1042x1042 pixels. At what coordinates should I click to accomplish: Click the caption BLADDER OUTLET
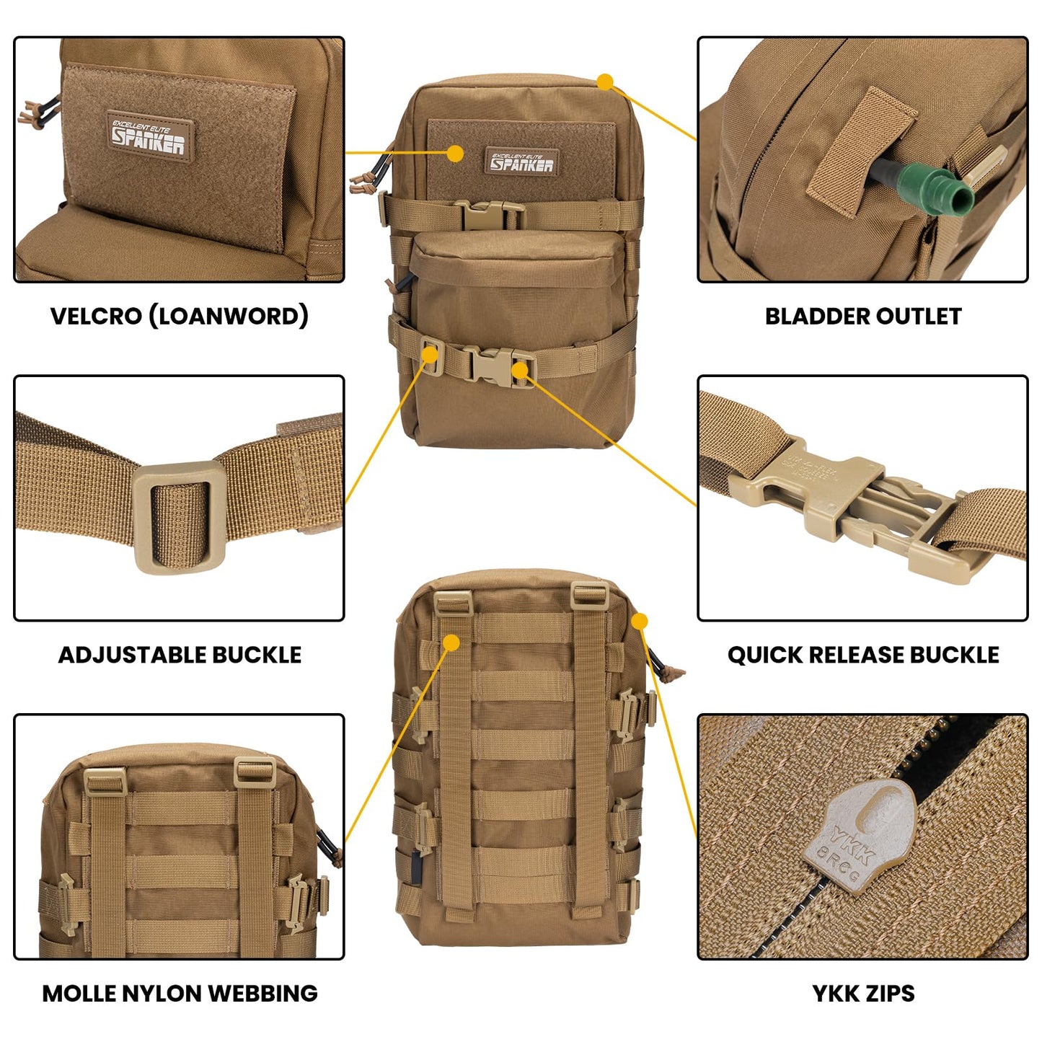[862, 316]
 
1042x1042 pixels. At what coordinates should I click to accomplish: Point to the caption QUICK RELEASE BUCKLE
[862, 655]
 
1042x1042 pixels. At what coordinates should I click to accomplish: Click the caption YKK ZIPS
[862, 993]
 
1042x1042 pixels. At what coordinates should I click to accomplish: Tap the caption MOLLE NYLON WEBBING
[180, 993]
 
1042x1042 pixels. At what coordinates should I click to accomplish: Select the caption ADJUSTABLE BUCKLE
[180, 655]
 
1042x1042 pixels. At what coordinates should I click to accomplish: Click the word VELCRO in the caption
[95, 316]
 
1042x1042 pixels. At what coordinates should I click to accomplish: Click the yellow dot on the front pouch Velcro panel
[455, 153]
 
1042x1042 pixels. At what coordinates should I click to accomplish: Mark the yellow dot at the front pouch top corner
[605, 82]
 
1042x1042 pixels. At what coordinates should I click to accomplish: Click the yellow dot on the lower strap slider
[431, 355]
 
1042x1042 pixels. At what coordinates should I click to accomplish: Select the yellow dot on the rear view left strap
[451, 642]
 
